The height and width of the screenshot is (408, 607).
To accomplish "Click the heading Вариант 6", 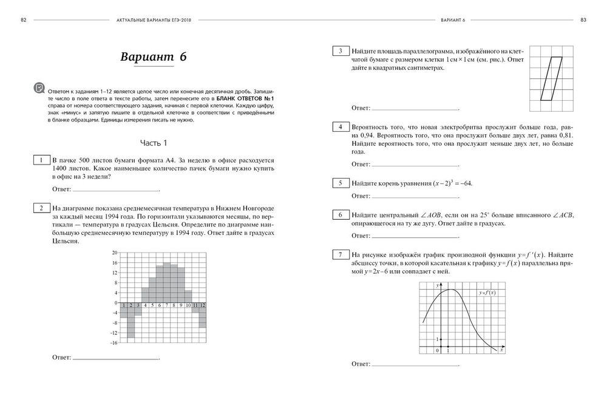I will tap(153, 57).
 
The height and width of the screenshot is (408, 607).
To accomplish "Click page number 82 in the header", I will tap(23, 19).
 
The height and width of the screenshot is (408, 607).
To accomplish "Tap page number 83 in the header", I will tap(583, 19).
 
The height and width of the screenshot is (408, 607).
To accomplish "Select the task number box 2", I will tap(41, 208).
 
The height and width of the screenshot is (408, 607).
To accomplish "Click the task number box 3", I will tap(341, 51).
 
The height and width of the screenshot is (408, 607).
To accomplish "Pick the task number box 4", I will tap(341, 127).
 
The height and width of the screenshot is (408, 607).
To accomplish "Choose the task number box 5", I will tap(341, 183).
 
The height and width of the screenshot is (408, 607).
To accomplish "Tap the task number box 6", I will tap(341, 215).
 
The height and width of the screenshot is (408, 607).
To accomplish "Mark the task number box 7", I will tap(341, 254).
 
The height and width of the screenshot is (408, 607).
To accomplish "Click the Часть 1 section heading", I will tap(153, 143).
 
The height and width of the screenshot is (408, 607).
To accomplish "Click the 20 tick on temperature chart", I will tap(114, 253).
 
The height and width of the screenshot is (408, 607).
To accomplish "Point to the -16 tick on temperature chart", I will tap(114, 343).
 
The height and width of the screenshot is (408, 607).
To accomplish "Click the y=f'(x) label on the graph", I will tap(487, 293).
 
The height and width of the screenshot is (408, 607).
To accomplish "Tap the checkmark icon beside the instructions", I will tap(39, 88).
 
